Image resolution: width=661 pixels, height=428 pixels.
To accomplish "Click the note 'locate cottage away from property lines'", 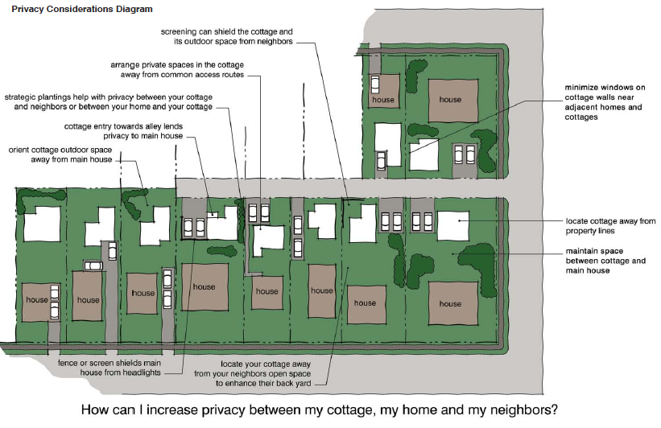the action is click(611, 224).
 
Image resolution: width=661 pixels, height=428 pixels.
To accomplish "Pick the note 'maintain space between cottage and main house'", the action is click(605, 261).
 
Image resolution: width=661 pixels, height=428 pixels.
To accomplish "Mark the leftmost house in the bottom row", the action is click(37, 300).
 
